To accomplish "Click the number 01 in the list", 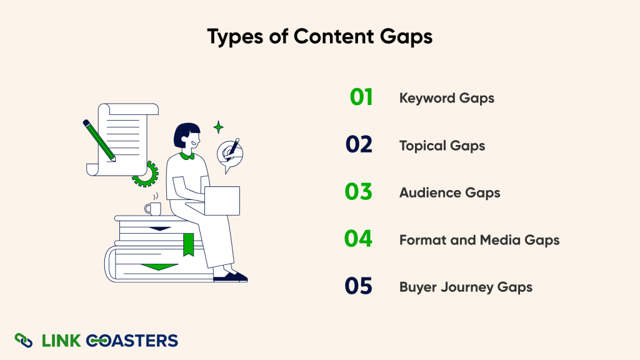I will click(361, 97).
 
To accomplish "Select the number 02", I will click(359, 145).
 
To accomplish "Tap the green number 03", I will click(359, 192).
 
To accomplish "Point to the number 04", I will click(359, 239).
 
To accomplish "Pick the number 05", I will click(359, 286).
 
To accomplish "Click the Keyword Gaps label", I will click(446, 98).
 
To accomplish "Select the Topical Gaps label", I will click(442, 146).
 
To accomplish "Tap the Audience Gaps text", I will click(449, 192).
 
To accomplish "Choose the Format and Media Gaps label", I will click(479, 239).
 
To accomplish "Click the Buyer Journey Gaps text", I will click(466, 287).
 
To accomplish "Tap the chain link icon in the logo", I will click(24, 340).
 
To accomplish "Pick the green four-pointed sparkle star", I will click(218, 127).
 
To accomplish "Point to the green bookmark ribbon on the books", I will click(188, 244).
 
